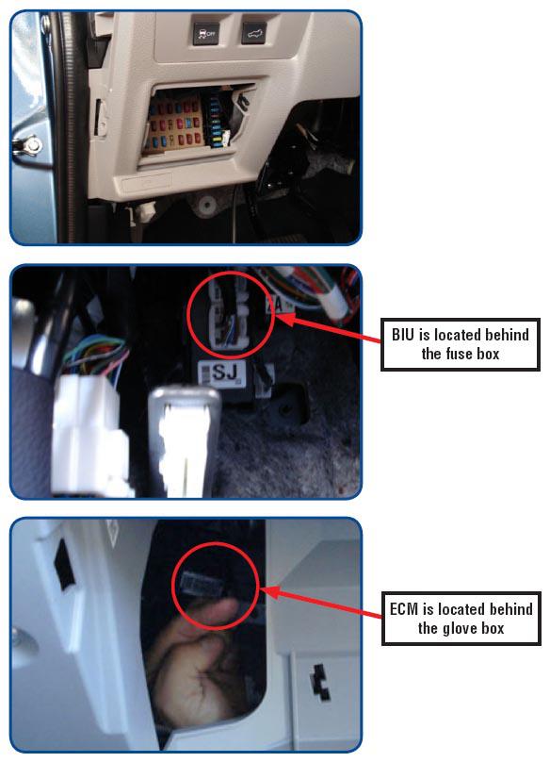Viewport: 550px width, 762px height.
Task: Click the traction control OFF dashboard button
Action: pyautogui.click(x=205, y=34)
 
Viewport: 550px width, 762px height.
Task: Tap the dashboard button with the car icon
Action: pyautogui.click(x=253, y=33)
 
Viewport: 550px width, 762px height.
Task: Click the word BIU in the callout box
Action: pyautogui.click(x=402, y=335)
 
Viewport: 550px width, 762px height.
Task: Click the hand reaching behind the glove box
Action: pyautogui.click(x=194, y=666)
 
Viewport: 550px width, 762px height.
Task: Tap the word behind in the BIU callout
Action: pyautogui.click(x=507, y=335)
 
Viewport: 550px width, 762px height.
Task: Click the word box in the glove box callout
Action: pyautogui.click(x=493, y=628)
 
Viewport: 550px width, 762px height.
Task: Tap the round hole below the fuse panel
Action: pyautogui.click(x=207, y=206)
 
